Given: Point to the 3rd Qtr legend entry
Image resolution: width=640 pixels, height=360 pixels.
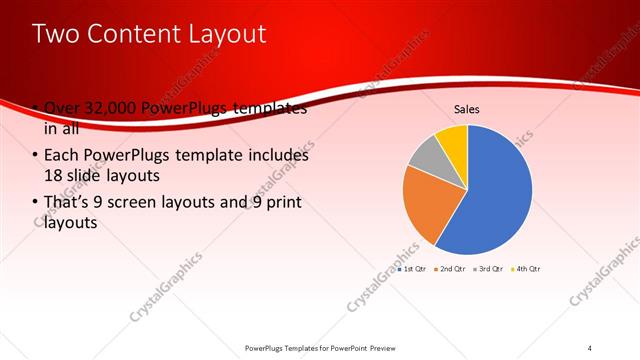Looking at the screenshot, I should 489,269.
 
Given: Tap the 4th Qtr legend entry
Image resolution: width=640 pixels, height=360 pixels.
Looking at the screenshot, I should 527,269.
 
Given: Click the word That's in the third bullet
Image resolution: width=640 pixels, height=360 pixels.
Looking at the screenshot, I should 66,204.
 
